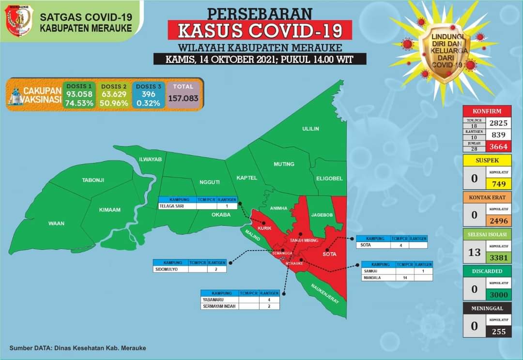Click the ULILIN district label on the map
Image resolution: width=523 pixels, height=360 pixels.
tap(310, 129)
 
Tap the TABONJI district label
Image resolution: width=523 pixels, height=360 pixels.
tap(93, 180)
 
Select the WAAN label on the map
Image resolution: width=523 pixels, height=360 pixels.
tap(56, 224)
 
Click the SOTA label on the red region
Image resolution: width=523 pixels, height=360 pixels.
tap(329, 254)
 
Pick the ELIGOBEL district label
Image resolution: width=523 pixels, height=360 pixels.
tap(329, 179)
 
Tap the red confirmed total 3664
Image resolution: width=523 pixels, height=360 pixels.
tap(499, 147)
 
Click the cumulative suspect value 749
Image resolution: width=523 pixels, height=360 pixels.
tap(499, 184)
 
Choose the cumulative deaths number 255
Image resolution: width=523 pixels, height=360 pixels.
tap(499, 331)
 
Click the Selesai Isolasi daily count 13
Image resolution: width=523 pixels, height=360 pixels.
tap(475, 252)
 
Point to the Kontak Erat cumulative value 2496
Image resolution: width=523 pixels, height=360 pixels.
tap(499, 221)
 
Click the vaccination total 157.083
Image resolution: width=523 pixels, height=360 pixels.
tap(184, 98)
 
